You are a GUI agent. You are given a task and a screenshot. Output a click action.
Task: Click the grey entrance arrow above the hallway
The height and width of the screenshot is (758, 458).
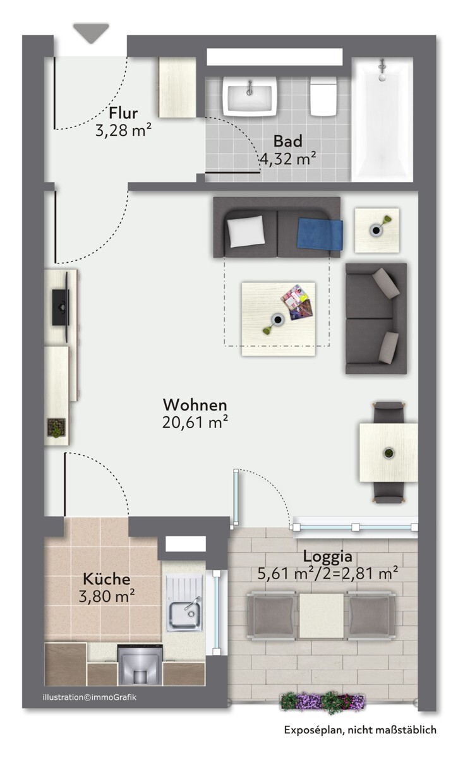[x=91, y=33]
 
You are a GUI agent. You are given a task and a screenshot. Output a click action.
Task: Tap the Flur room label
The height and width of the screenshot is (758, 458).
[x=123, y=113]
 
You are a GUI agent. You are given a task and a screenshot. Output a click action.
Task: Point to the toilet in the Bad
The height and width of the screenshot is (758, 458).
[x=323, y=97]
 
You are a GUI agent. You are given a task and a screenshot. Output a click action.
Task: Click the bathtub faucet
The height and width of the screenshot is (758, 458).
[x=382, y=69]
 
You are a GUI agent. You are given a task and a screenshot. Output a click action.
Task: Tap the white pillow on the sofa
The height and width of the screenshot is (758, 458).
[x=246, y=231]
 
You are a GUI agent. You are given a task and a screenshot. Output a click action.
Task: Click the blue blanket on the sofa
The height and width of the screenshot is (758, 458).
[x=320, y=234]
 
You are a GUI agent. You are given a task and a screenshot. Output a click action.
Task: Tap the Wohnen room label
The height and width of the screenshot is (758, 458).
[x=195, y=405]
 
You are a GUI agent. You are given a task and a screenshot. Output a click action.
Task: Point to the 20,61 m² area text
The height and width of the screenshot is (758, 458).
[x=195, y=422]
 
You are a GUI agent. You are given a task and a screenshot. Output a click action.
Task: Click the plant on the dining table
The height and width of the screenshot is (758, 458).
[x=389, y=453]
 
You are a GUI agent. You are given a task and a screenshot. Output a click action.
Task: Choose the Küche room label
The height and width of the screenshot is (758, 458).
[x=107, y=579]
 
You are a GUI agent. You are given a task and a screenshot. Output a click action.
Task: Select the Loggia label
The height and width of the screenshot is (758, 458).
[x=327, y=556]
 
